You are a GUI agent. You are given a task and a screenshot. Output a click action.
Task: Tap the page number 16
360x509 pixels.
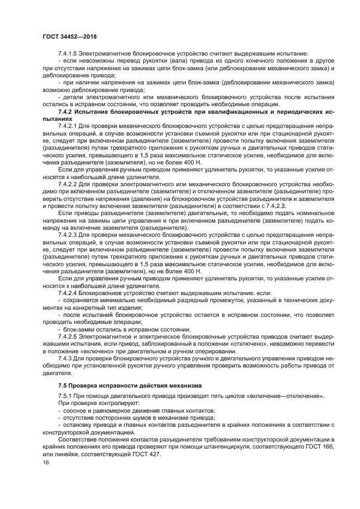coord(45,462)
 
